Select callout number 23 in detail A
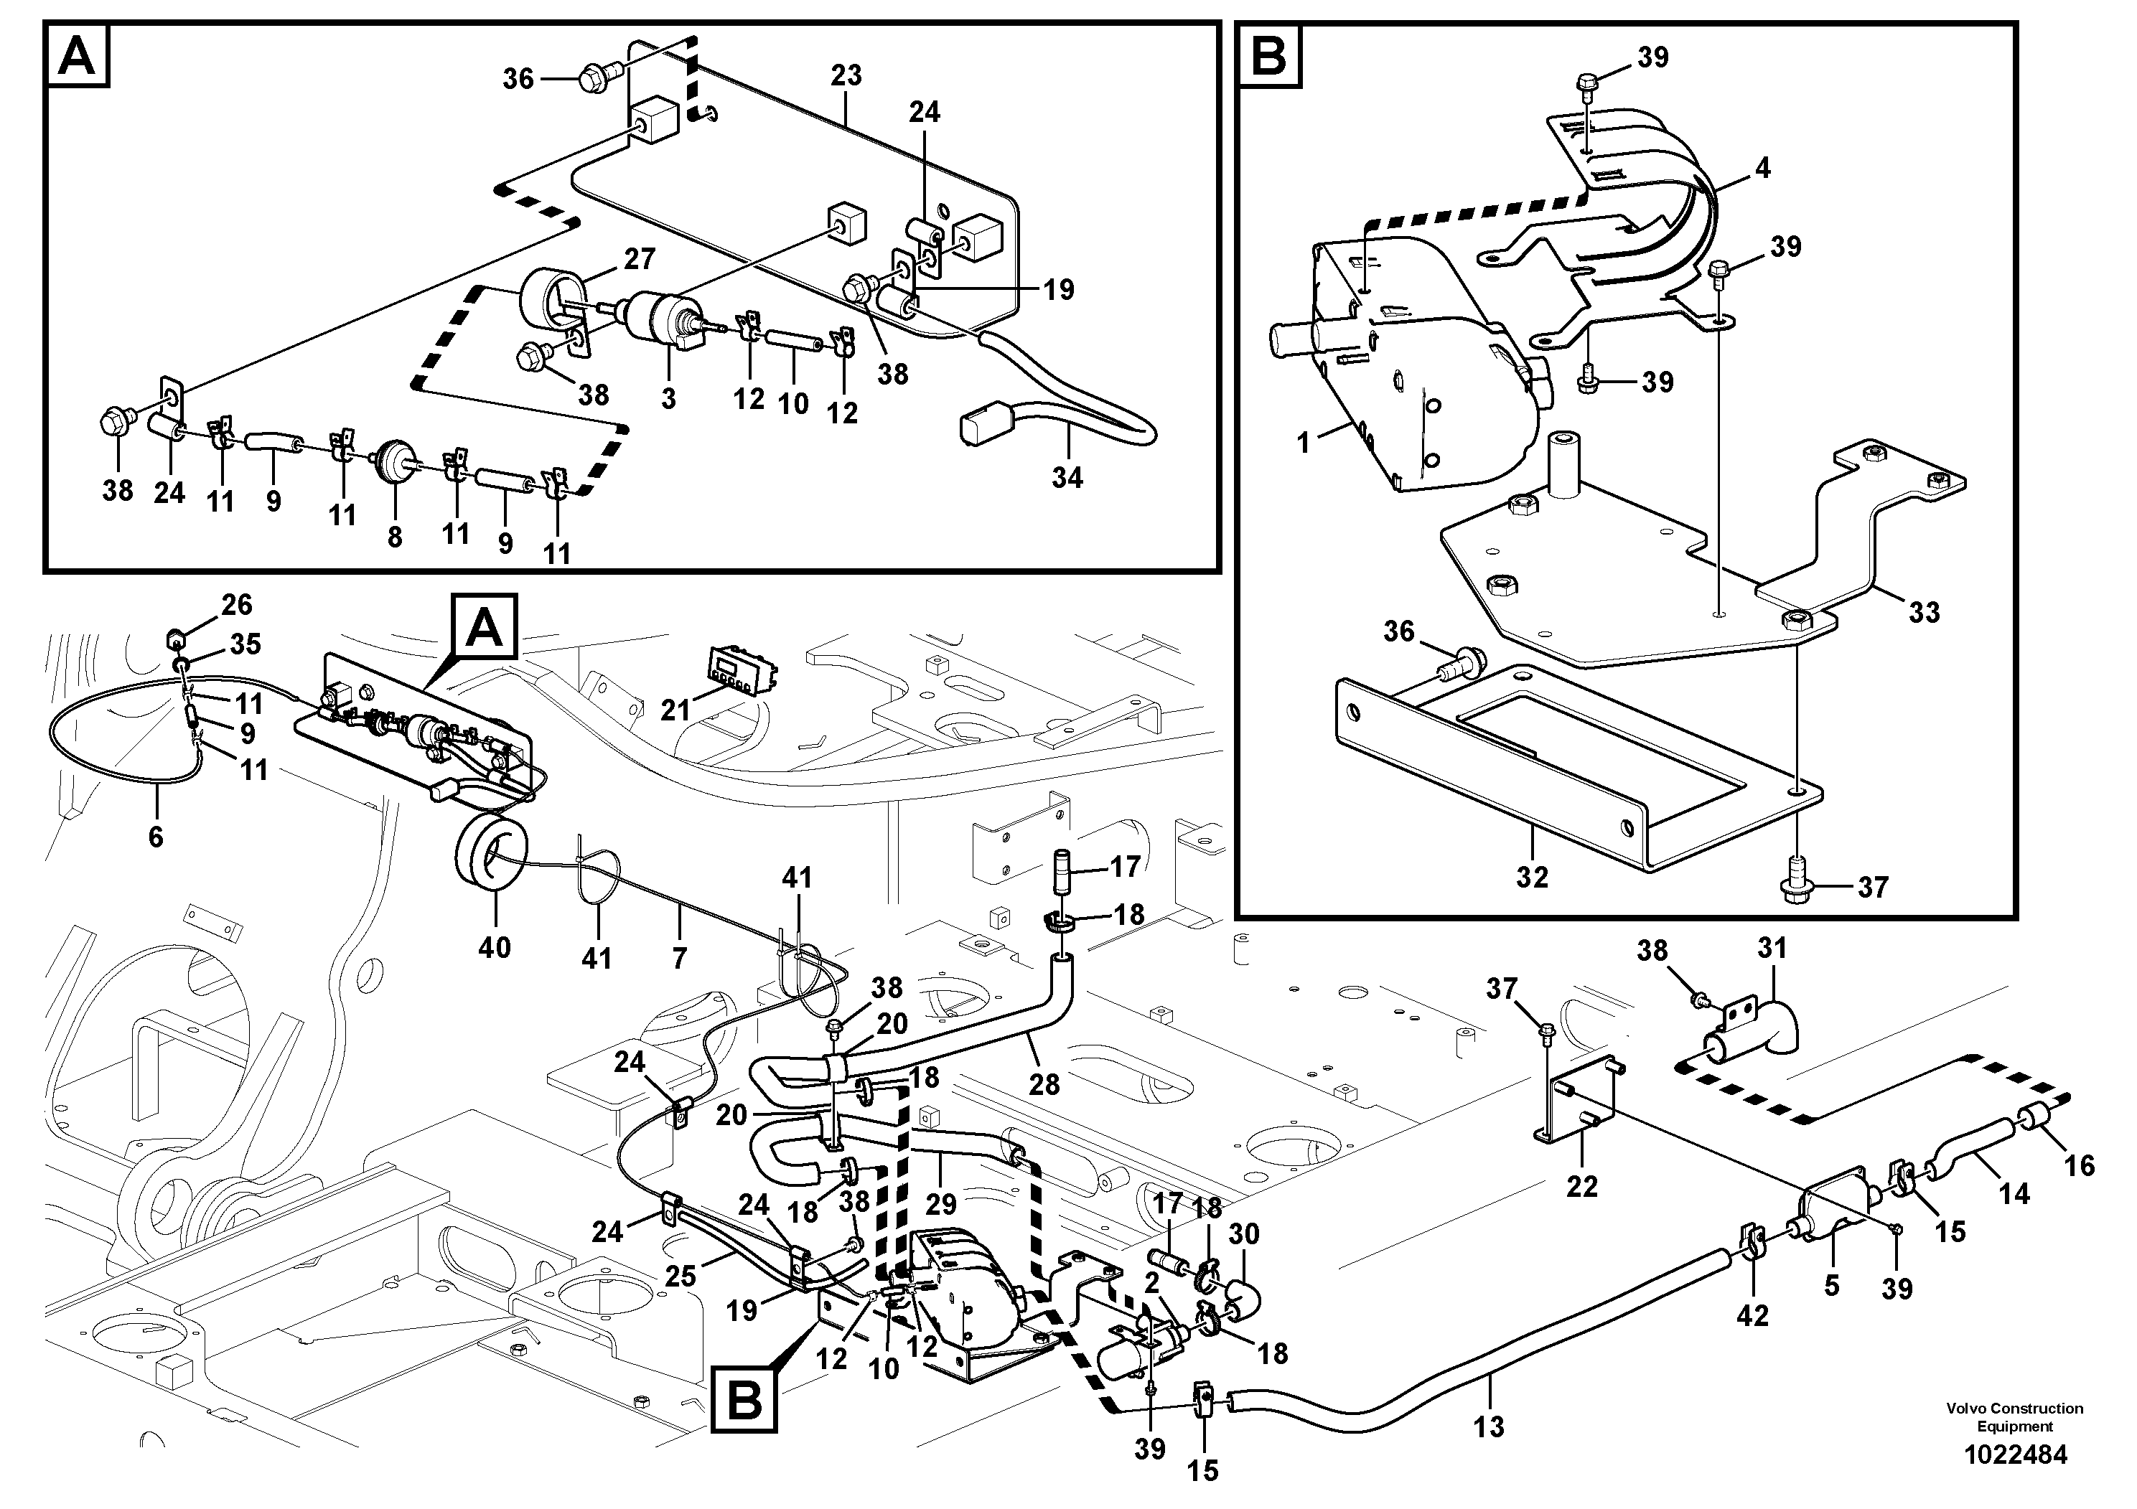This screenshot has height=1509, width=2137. coord(846,75)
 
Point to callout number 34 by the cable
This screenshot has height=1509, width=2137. coord(1067,477)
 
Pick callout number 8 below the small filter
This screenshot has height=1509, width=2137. coord(395,537)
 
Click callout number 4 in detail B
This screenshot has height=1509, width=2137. coord(1761,169)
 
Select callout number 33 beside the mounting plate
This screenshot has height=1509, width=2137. coord(1924,612)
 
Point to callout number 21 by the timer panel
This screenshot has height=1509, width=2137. coord(675,710)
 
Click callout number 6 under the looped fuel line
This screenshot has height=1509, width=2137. coord(156,837)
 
